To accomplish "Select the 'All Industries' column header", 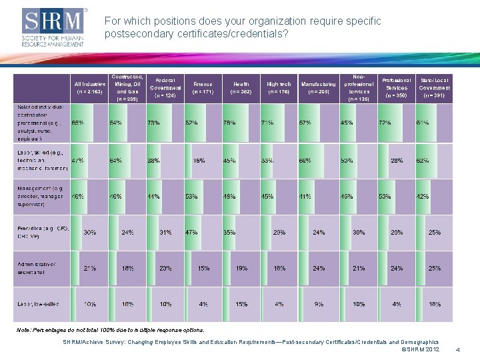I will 89,87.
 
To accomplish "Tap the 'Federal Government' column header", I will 165,87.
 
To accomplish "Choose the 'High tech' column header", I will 279,87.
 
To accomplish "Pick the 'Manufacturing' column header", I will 319,87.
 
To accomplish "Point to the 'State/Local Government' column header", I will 434,87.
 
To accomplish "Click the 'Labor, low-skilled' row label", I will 39,304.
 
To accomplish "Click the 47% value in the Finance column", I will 191,233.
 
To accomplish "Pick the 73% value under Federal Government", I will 153,123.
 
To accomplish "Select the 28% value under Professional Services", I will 397,161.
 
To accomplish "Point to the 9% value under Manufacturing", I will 319,304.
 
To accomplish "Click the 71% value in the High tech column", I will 268,123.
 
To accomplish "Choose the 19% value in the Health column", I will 241,269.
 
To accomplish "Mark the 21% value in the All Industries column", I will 89,269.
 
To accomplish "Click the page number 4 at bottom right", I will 457,349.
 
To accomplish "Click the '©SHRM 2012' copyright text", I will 421,349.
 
